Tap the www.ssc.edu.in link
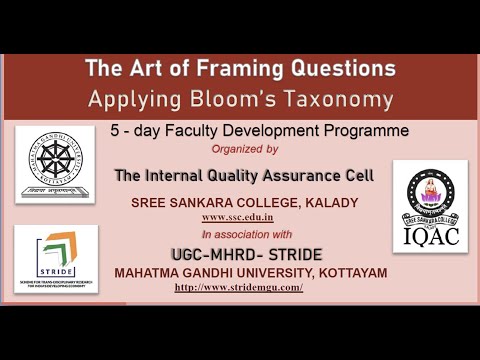tap(238, 216)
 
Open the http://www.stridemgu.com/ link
tap(238, 287)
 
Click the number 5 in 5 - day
tap(116, 131)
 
